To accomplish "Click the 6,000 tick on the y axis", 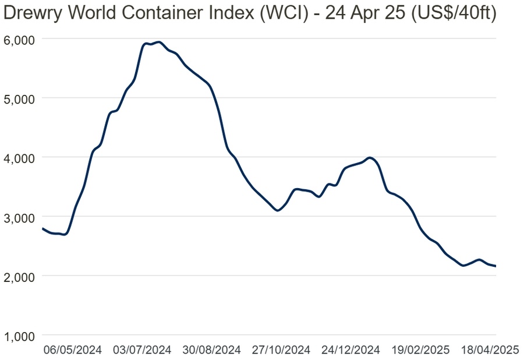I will (x=20, y=39).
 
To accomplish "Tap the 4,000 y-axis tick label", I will (x=20, y=157).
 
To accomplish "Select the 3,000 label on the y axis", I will (x=20, y=217).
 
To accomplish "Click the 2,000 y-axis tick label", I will (x=20, y=276).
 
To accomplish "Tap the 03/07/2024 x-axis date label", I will (x=142, y=350).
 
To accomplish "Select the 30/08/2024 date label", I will (x=212, y=350).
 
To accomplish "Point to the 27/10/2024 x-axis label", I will (x=281, y=350).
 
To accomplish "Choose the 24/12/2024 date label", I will (x=351, y=350).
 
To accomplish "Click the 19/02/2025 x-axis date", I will (x=420, y=350).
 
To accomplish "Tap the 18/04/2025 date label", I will (x=490, y=350).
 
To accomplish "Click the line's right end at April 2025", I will (x=495, y=266).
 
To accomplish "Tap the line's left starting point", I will (x=42, y=228).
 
